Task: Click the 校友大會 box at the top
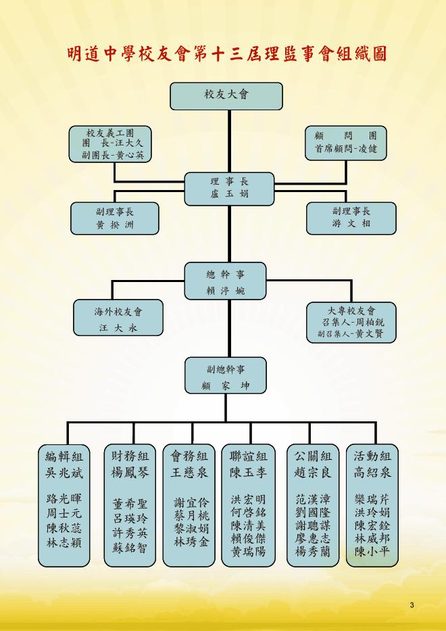pyautogui.click(x=227, y=95)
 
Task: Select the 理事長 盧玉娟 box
pyautogui.click(x=230, y=189)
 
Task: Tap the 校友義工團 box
pyautogui.click(x=110, y=143)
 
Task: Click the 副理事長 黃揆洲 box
pyautogui.click(x=115, y=218)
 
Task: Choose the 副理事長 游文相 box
pyautogui.click(x=351, y=217)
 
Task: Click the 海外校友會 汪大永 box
pyautogui.click(x=118, y=319)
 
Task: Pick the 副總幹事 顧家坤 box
pyautogui.click(x=226, y=377)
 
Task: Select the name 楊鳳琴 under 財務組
pyautogui.click(x=129, y=471)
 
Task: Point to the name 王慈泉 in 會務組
pyautogui.click(x=189, y=471)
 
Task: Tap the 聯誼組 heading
pyautogui.click(x=249, y=455)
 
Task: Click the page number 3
pyautogui.click(x=412, y=603)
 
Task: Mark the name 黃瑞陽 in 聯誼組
pyautogui.click(x=248, y=551)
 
